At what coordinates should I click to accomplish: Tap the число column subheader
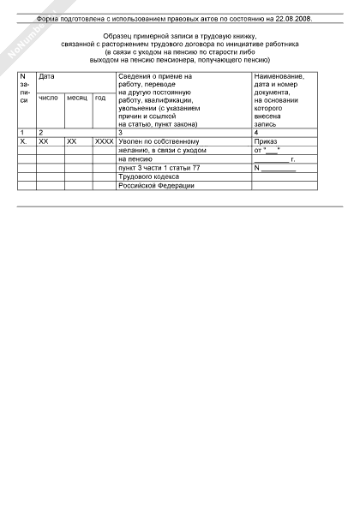(x=48, y=97)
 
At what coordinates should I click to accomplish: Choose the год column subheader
(x=100, y=97)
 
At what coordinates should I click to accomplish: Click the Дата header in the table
(x=46, y=76)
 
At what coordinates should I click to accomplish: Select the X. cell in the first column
(x=23, y=141)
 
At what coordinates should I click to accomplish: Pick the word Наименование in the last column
(x=279, y=76)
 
